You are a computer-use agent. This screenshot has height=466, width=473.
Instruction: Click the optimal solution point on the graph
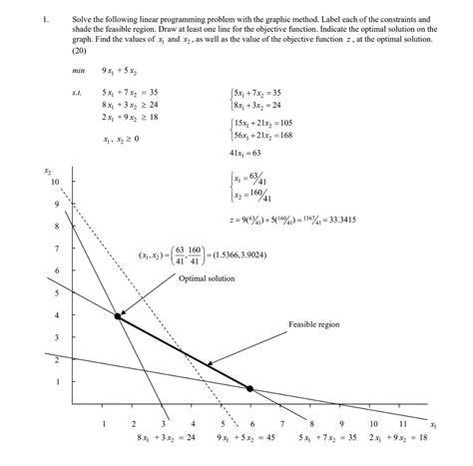point(119,316)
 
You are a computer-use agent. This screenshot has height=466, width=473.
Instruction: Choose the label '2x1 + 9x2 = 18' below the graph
point(398,438)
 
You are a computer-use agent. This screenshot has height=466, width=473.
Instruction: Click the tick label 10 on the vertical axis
point(55,181)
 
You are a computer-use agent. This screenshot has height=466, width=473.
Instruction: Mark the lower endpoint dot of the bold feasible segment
point(249,387)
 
